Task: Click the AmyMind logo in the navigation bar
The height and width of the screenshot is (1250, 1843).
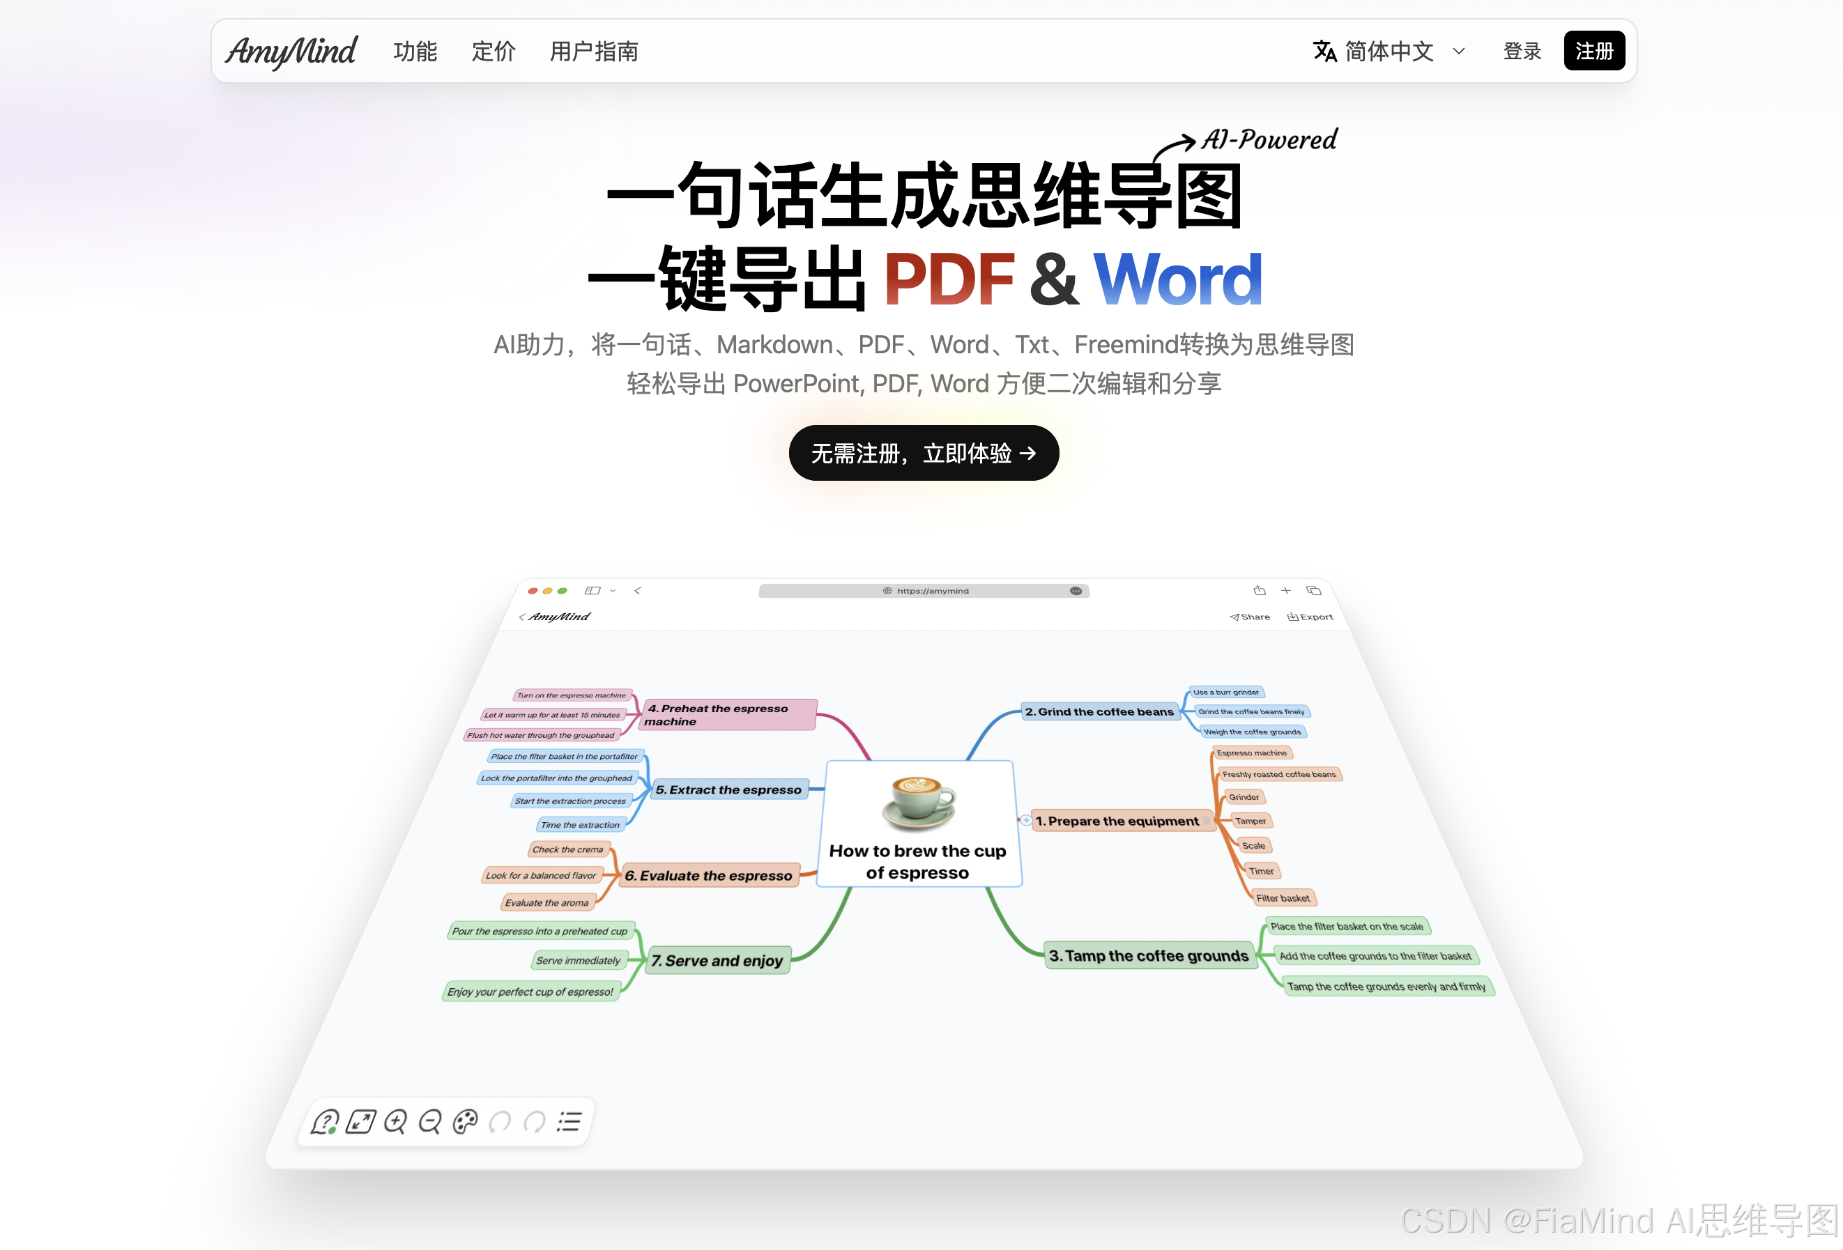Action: (x=291, y=52)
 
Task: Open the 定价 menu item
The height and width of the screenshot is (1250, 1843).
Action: (x=494, y=52)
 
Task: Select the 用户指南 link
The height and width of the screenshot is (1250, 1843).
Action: (x=594, y=52)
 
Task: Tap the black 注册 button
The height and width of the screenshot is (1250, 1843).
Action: (x=1593, y=52)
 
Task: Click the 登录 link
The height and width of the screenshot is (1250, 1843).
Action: (x=1521, y=52)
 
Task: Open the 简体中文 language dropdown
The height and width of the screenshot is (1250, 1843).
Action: (x=1389, y=52)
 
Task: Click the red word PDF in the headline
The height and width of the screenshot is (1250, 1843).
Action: (x=949, y=279)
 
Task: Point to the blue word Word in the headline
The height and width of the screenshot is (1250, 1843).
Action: (x=1177, y=279)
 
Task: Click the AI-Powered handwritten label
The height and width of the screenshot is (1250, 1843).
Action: (x=1269, y=139)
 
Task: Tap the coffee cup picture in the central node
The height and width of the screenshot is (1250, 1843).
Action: (x=919, y=802)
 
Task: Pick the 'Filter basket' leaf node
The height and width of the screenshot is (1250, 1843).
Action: (x=1283, y=898)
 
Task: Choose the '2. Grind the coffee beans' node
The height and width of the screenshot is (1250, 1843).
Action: (x=1099, y=712)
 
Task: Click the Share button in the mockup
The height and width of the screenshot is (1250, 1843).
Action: (x=1250, y=617)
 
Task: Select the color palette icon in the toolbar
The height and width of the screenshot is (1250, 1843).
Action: (x=466, y=1122)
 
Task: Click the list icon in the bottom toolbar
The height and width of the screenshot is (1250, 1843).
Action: (x=569, y=1122)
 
